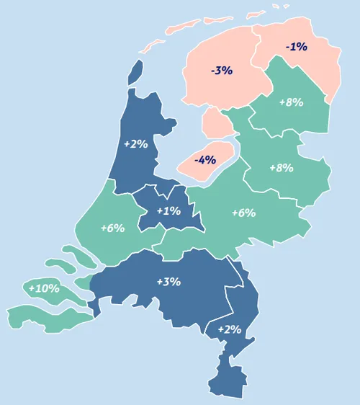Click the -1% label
click(x=296, y=47)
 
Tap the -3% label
click(x=221, y=71)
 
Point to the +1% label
click(x=168, y=210)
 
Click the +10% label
click(x=44, y=288)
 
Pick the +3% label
click(x=168, y=281)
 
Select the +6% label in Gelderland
click(x=243, y=213)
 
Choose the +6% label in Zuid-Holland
click(x=112, y=228)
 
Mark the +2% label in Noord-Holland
click(x=135, y=143)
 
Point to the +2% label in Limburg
click(x=229, y=329)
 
